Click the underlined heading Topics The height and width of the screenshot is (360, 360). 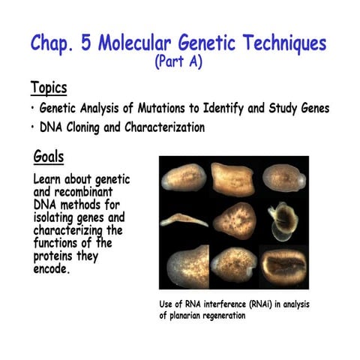point(49,87)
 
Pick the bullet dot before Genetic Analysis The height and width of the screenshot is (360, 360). point(33,109)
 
